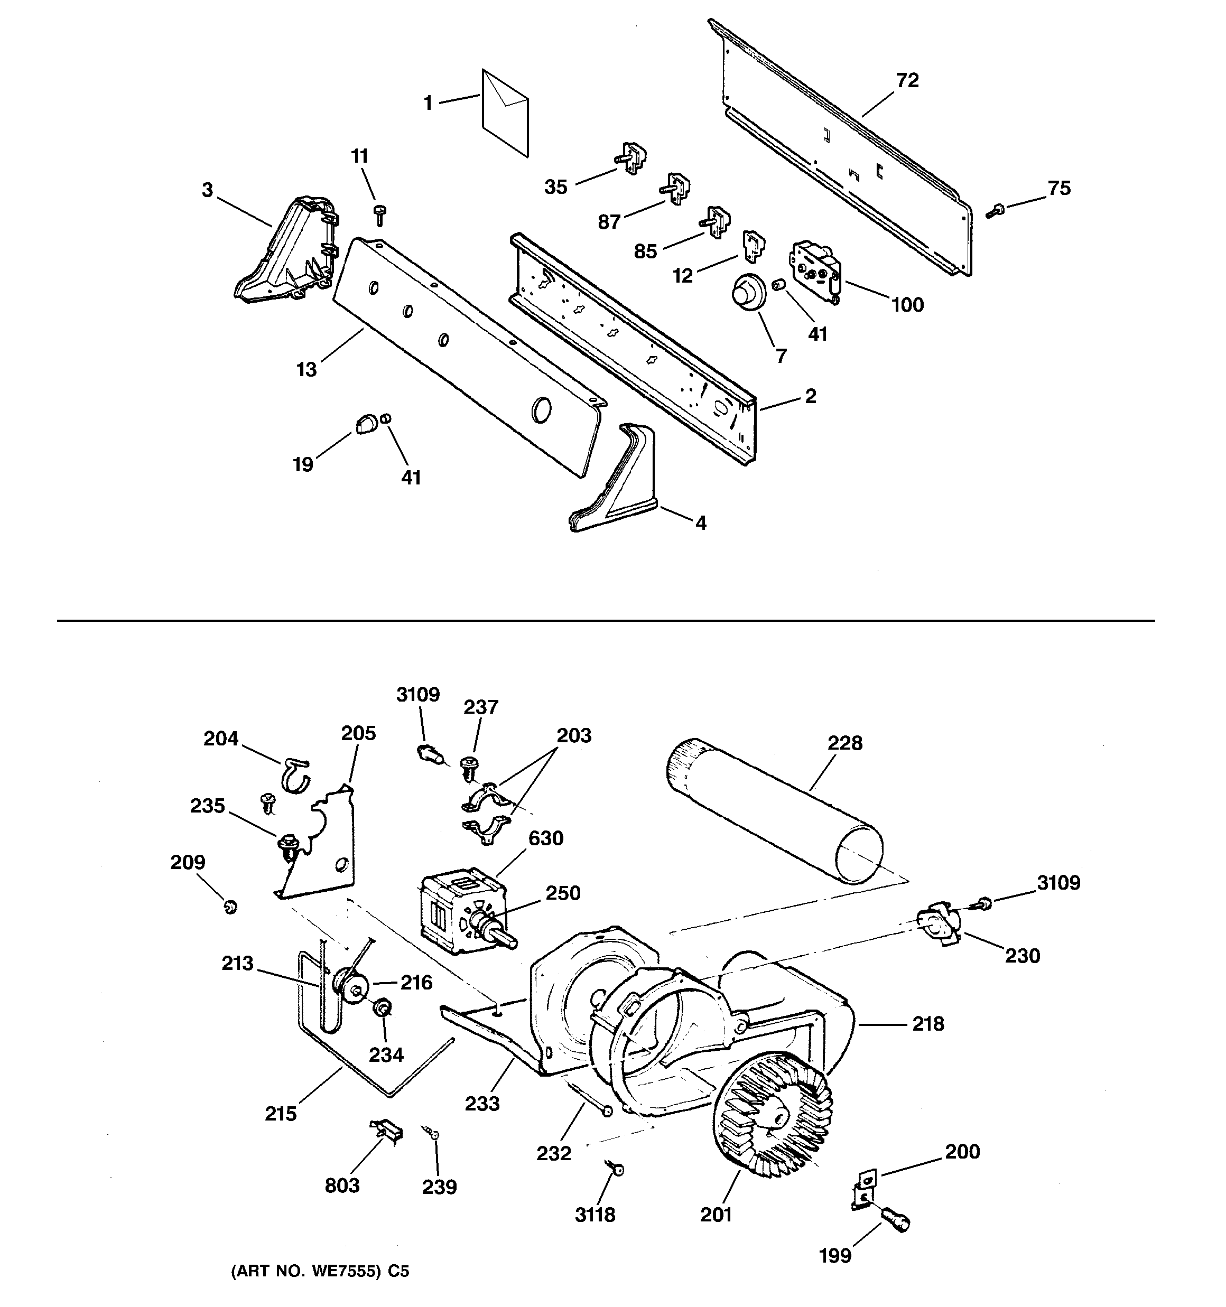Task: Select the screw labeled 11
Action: (379, 213)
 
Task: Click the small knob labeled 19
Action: (366, 424)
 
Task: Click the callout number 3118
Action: (595, 1215)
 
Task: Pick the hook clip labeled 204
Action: (296, 774)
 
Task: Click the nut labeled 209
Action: (230, 907)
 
